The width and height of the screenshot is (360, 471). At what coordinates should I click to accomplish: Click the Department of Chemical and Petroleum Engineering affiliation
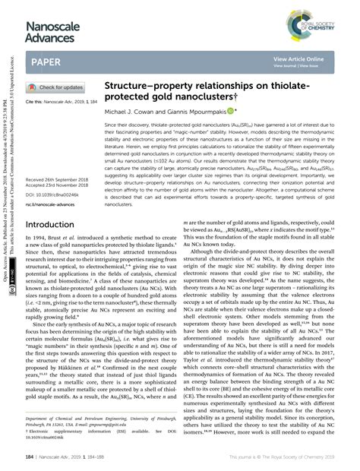pos(99,419)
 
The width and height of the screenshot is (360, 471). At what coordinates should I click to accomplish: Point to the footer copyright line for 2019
pos(283,458)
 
